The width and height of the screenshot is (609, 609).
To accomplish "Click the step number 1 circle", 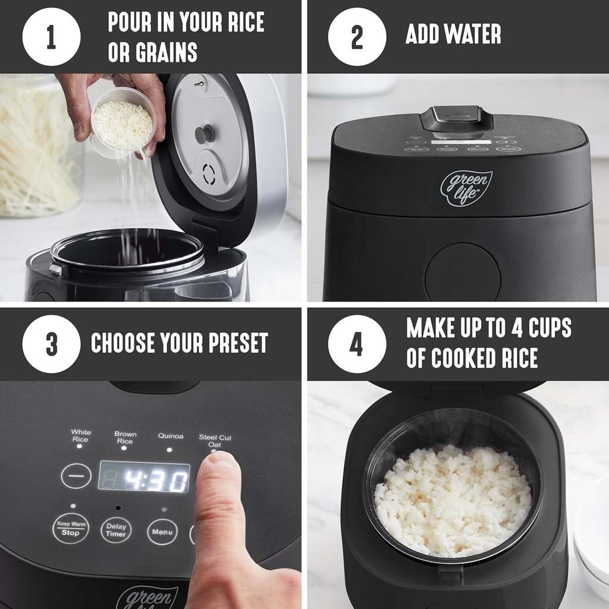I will (51, 36).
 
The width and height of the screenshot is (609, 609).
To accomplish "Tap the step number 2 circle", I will (357, 36).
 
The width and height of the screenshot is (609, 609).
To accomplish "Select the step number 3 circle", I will (51, 344).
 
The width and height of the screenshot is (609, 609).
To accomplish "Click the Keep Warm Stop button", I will (70, 528).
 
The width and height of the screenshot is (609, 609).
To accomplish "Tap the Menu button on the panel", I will (162, 531).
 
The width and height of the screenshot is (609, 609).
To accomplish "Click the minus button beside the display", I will (76, 476).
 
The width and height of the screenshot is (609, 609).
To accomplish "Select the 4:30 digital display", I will (144, 477).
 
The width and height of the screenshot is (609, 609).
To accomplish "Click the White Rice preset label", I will (81, 436).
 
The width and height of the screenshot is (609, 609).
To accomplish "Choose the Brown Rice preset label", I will (125, 438).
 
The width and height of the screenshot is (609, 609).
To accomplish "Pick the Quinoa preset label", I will (171, 436).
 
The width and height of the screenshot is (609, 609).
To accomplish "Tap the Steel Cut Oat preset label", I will (215, 441).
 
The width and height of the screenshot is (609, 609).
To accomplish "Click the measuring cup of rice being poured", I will (123, 122).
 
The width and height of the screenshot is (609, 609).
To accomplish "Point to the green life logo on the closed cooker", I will (466, 188).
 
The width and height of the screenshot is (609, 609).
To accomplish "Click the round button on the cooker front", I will (462, 271).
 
